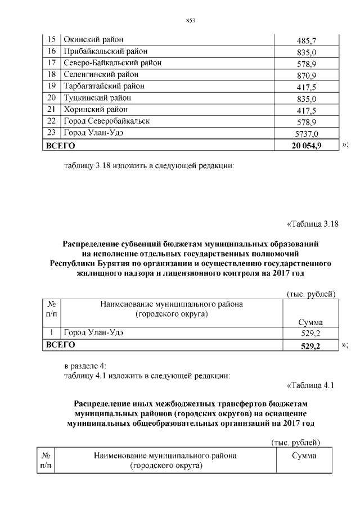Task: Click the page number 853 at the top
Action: (x=190, y=21)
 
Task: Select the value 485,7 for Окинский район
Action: (x=307, y=41)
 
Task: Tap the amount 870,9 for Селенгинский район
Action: (x=307, y=75)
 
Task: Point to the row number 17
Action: (x=51, y=63)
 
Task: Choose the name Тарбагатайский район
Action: (x=103, y=86)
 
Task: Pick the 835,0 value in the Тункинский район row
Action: (x=307, y=98)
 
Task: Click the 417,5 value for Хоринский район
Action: (x=307, y=110)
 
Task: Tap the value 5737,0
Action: (x=307, y=133)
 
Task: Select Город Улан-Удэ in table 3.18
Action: (x=93, y=333)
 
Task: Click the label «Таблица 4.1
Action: (x=310, y=385)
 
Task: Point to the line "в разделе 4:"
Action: (x=80, y=366)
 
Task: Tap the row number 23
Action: (x=51, y=133)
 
